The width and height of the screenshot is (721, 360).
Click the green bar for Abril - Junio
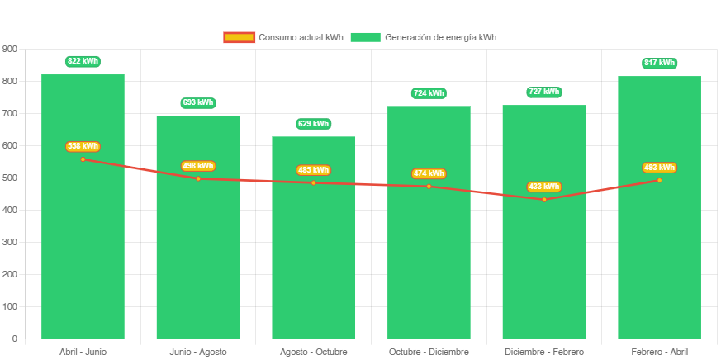[x=83, y=248]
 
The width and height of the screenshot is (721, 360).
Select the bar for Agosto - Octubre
[x=314, y=264]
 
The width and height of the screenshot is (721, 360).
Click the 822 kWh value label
[x=83, y=61]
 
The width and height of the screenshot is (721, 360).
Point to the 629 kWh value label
[x=314, y=124]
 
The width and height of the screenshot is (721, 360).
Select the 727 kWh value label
[x=544, y=92]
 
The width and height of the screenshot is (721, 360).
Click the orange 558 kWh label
[x=83, y=146]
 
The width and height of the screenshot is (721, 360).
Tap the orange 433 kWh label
[x=544, y=187]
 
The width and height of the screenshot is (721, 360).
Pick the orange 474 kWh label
[x=429, y=173]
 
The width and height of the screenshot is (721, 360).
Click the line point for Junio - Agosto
[x=198, y=178]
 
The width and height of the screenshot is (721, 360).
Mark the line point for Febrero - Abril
[x=659, y=180]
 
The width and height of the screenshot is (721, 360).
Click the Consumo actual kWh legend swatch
[x=239, y=37]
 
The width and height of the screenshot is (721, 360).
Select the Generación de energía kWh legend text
[x=440, y=37]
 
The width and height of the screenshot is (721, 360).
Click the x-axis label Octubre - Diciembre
[x=429, y=352]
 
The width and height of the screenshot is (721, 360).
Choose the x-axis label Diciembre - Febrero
[x=544, y=352]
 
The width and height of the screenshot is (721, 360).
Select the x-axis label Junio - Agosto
[x=198, y=352]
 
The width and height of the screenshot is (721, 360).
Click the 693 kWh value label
[x=198, y=102]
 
